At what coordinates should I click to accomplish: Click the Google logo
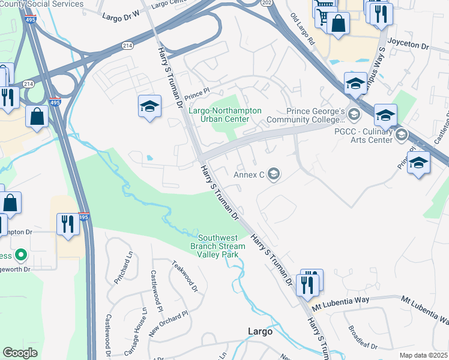tap(20, 353)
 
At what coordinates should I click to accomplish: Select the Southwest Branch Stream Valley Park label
tap(218, 246)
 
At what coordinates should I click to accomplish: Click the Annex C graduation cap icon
tap(274, 175)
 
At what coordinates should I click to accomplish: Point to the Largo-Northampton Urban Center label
tap(225, 115)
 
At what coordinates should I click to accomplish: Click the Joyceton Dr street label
tap(408, 46)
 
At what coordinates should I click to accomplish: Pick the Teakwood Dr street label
tap(185, 275)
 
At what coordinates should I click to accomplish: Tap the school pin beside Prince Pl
tap(149, 107)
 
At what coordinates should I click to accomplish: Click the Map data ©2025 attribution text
tap(423, 355)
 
